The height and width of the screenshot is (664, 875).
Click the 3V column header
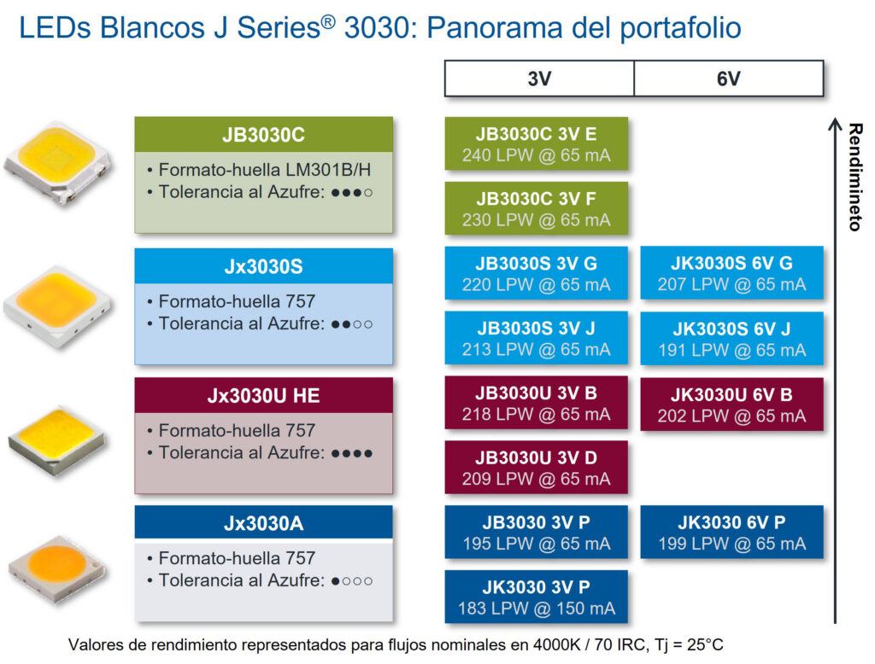[x=539, y=79]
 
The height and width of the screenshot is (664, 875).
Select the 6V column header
[x=729, y=79]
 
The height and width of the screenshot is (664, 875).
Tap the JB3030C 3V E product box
[x=537, y=144]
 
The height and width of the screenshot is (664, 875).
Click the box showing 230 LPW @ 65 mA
[x=537, y=208]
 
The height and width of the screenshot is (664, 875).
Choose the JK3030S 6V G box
[x=731, y=273]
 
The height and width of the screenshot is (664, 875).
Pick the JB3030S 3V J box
[x=537, y=338]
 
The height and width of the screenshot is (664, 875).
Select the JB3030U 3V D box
[x=537, y=467]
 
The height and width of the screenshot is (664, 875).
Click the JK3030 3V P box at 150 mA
[x=537, y=597]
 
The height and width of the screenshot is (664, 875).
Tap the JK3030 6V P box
[x=731, y=533]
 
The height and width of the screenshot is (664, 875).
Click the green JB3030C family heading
[x=263, y=134]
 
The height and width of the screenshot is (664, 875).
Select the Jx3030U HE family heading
[x=263, y=395]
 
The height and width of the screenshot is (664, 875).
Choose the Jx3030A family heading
[x=263, y=523]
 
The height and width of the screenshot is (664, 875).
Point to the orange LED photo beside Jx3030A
[x=57, y=568]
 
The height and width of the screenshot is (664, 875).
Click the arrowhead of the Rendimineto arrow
[x=835, y=124]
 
